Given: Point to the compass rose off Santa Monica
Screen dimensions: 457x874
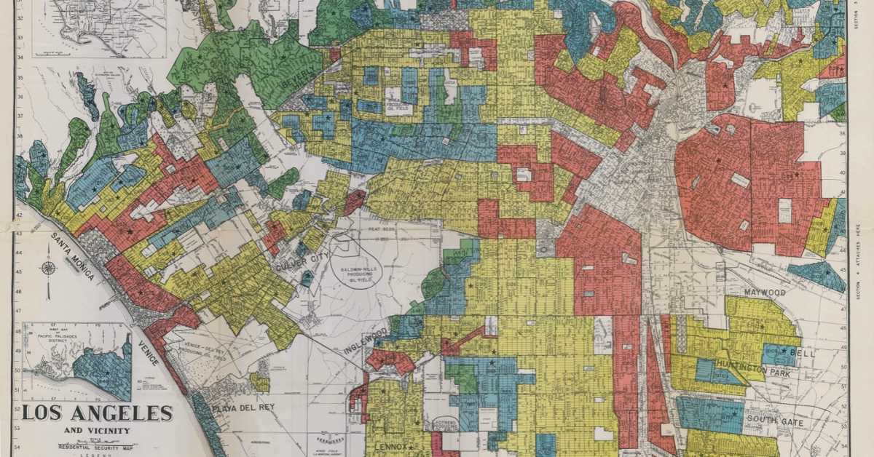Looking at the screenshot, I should (49, 269).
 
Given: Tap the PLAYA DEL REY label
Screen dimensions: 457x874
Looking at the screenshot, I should (243, 408).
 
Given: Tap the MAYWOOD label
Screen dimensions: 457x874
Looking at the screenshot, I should (764, 292).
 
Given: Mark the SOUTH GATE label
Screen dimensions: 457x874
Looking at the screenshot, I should (773, 423).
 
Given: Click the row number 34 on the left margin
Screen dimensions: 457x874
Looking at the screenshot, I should (20, 60).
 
